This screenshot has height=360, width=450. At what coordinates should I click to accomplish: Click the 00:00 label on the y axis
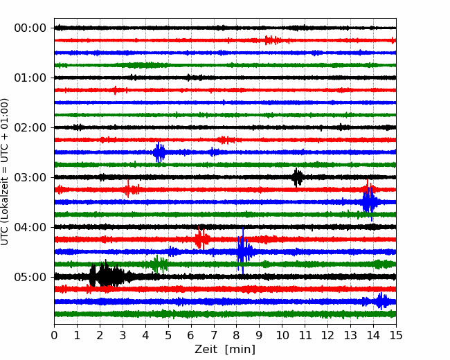[30, 28]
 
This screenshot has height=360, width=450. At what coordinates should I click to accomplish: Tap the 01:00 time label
[30, 78]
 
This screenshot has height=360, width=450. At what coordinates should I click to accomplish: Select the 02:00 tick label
[30, 127]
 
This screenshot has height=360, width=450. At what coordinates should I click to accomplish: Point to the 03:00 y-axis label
[30, 177]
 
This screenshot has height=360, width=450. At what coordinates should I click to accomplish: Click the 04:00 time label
[30, 227]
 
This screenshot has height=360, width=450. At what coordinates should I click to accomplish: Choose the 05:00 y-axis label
[30, 277]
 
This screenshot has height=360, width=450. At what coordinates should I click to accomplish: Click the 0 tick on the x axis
[54, 335]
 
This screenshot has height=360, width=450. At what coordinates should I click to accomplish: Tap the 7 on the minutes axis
[213, 335]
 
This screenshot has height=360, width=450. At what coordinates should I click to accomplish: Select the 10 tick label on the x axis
[282, 335]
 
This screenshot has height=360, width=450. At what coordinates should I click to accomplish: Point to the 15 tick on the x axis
[396, 335]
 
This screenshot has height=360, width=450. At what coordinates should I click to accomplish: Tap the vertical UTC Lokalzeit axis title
[4, 172]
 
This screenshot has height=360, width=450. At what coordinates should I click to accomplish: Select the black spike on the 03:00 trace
[297, 177]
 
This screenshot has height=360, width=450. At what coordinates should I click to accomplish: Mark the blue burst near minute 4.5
[159, 152]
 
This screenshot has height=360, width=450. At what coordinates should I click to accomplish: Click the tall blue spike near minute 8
[243, 251]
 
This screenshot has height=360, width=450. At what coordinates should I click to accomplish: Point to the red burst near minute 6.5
[201, 238]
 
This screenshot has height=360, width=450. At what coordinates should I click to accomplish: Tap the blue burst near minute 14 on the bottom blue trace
[382, 301]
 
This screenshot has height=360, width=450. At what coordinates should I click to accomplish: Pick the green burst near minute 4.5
[159, 264]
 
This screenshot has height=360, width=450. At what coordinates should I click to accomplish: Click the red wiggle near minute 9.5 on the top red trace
[273, 40]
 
